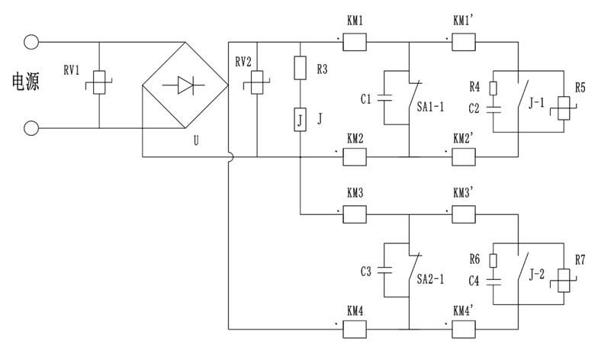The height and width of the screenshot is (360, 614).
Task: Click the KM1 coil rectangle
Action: click(355, 42)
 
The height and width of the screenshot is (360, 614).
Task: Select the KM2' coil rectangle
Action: click(465, 156)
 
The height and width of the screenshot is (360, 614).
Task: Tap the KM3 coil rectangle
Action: click(355, 214)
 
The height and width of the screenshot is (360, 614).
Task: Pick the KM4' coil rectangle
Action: click(465, 329)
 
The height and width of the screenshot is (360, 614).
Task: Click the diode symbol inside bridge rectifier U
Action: click(185, 86)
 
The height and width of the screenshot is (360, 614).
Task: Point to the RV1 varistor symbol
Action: click(100, 84)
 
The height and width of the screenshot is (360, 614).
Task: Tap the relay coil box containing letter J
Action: click(301, 120)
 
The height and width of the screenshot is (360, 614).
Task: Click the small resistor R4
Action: click(493, 88)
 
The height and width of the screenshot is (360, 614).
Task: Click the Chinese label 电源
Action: click(25, 82)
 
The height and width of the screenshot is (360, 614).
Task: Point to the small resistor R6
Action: click(493, 260)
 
